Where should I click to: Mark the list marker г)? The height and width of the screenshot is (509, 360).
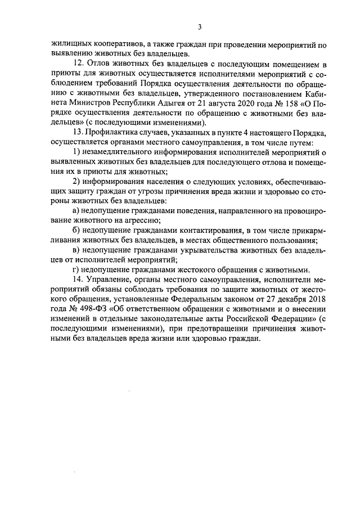77,268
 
